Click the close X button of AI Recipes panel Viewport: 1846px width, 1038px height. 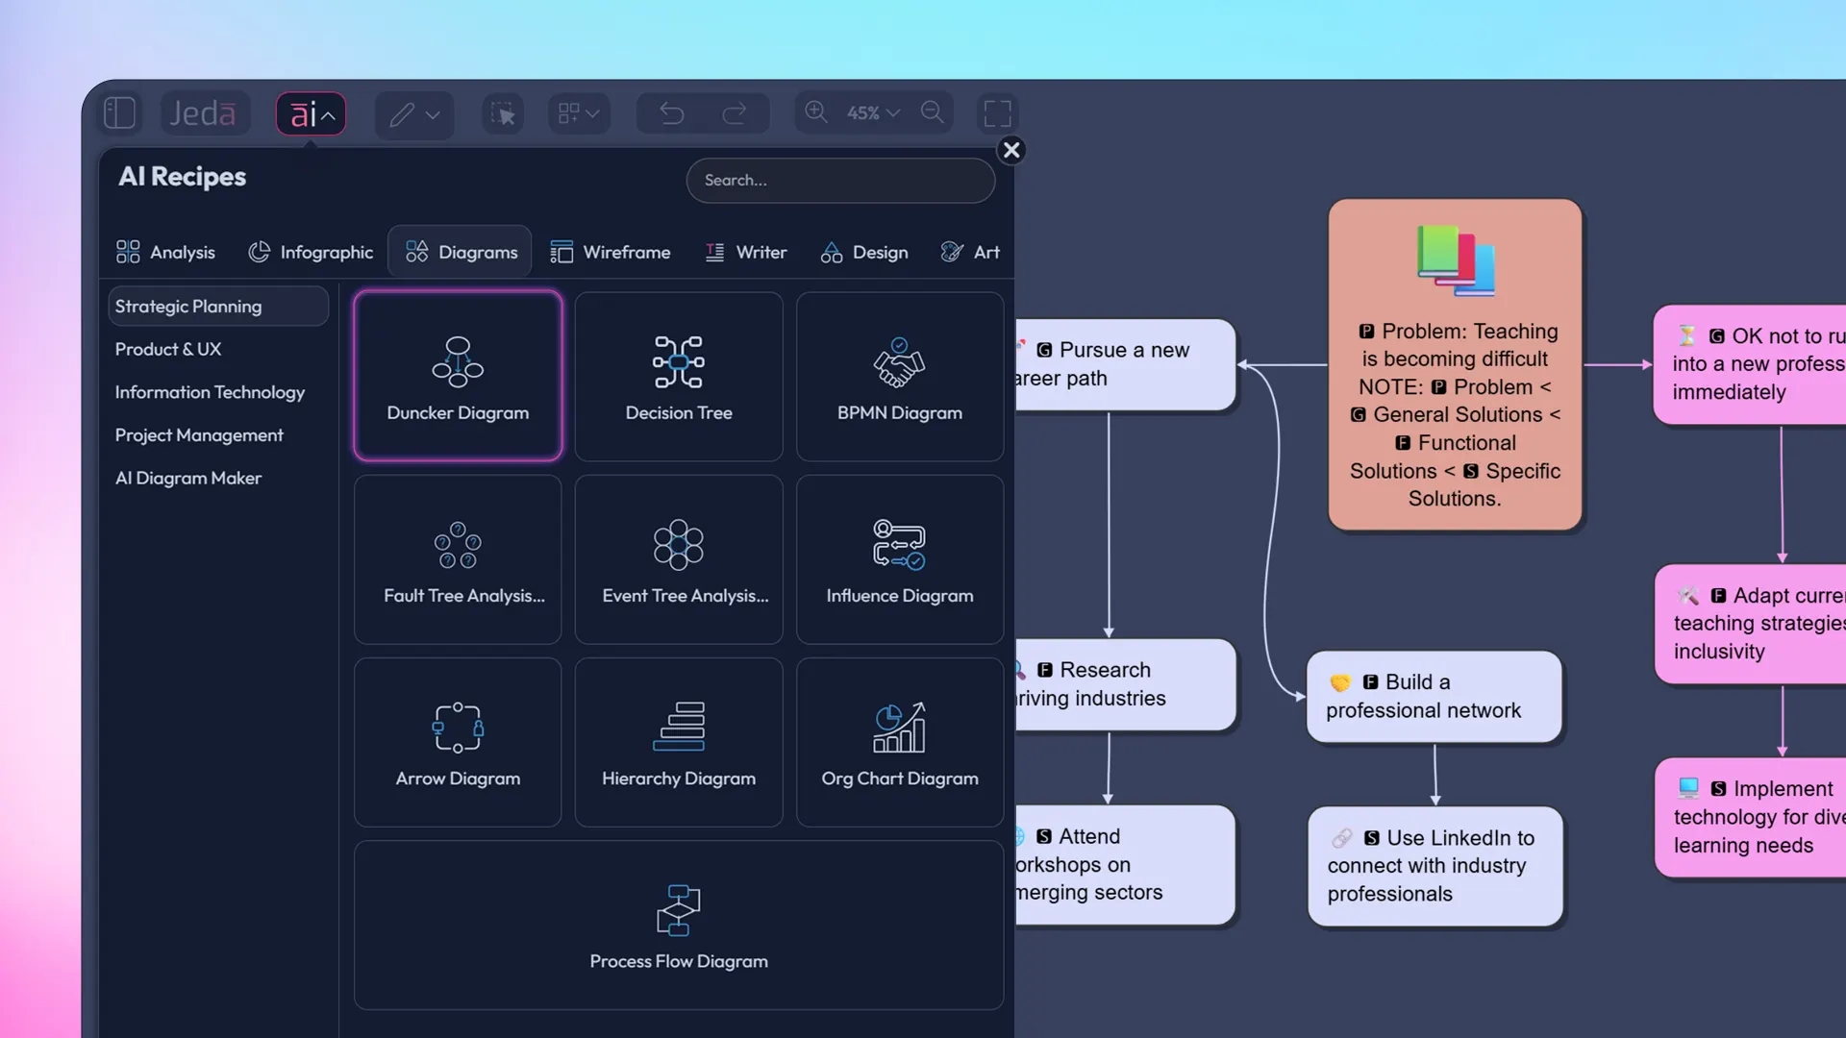tap(1011, 150)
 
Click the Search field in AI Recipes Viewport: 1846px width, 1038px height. tap(840, 181)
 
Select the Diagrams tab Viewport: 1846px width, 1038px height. tap(461, 252)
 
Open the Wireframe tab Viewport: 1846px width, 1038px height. tap(611, 252)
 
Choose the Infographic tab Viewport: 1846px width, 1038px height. tap(311, 252)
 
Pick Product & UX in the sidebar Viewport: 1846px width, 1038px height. tap(168, 350)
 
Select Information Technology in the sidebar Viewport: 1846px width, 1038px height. tap(210, 392)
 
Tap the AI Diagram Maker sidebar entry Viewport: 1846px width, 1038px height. tap(188, 478)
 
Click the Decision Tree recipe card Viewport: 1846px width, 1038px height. tap(679, 377)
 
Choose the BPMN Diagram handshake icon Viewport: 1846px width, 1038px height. tap(899, 362)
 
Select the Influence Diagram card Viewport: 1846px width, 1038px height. tap(900, 559)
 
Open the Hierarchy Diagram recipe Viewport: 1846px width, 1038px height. tap(679, 742)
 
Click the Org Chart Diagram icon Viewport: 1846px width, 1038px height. tap(899, 728)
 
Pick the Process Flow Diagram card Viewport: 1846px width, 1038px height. tap(679, 925)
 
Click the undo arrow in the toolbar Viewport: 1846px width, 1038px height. tap(672, 113)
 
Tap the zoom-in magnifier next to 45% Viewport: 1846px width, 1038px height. tap(816, 112)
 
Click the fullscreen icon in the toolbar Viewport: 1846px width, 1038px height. tap(997, 113)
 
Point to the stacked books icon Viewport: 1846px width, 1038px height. tap(1456, 260)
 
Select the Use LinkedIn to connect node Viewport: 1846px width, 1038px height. tap(1434, 866)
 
